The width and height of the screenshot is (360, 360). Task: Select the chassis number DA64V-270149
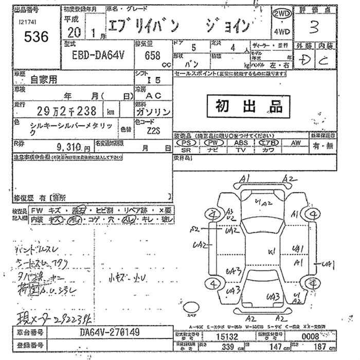[x=109, y=332]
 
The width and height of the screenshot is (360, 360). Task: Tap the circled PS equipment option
[x=189, y=142]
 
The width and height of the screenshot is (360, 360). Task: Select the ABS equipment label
[x=241, y=142]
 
